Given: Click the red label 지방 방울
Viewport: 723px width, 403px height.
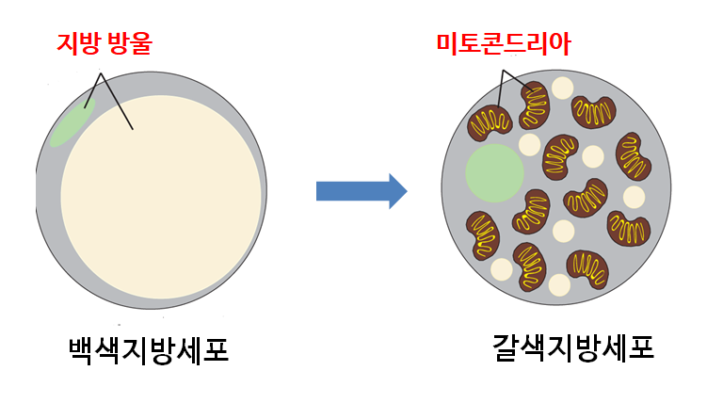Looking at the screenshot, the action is (x=104, y=44).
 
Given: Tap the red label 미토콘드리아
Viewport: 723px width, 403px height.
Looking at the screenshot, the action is (x=504, y=44).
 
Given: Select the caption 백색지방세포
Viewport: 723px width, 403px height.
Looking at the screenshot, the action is (x=149, y=351).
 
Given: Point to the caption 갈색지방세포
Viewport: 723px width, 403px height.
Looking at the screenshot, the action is (x=573, y=347).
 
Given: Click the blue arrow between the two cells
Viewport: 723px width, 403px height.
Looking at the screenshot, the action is (x=361, y=191).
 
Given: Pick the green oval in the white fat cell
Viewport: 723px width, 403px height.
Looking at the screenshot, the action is (x=72, y=122).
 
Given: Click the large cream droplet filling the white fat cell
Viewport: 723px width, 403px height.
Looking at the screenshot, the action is (x=161, y=197).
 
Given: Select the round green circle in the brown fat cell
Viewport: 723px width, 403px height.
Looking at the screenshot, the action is (x=494, y=173).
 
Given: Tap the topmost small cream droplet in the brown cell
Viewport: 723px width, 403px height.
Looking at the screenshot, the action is (x=562, y=89).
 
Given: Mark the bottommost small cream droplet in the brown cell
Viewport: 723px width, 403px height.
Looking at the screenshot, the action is (x=559, y=285).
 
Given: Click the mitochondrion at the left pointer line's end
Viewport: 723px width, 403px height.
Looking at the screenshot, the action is (x=490, y=122).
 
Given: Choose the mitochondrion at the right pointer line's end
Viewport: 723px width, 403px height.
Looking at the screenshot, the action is (x=535, y=105).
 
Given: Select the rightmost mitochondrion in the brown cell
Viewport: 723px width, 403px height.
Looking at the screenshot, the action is (x=633, y=156).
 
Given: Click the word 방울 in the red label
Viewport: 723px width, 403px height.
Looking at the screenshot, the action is (x=131, y=44).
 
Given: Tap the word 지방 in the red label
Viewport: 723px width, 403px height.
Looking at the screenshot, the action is (x=77, y=44).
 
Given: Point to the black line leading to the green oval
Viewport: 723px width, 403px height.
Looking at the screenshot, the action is (x=92, y=90).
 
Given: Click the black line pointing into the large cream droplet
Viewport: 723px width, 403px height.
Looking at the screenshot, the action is (x=117, y=101).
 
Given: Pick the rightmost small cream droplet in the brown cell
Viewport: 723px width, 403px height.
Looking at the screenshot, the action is (x=634, y=197).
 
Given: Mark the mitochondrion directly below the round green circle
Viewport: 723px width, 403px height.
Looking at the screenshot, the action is (x=483, y=235).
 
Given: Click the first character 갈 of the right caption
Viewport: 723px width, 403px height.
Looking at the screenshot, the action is (x=506, y=347).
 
